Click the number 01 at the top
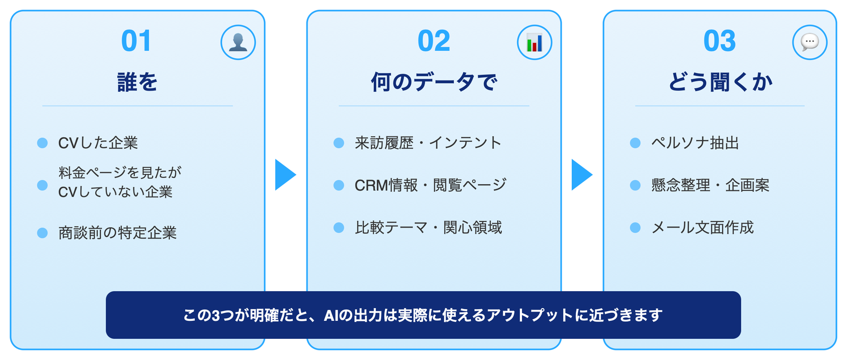136,41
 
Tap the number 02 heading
434,41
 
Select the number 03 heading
719,41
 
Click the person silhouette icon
238,42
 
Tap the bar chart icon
535,42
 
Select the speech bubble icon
810,42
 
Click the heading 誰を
137,82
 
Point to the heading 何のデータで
434,82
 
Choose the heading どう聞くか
719,82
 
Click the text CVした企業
98,143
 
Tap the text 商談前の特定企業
118,233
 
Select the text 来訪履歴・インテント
428,143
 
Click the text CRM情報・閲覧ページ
430,185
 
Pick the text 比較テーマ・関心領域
428,228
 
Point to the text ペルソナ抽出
695,143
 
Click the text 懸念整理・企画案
710,185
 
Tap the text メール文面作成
702,228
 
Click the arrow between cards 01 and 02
285,175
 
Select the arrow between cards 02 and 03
581,175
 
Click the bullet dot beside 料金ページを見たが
42,185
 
